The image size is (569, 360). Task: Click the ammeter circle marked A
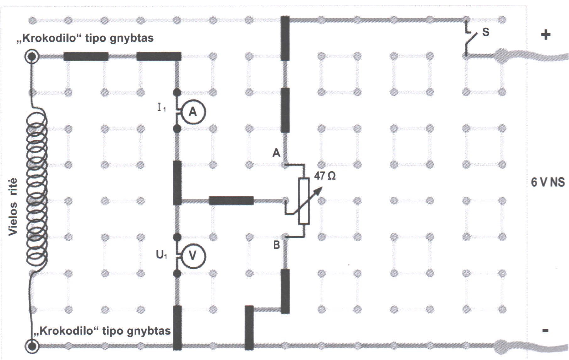click(x=192, y=112)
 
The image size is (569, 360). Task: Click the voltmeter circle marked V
click(x=192, y=256)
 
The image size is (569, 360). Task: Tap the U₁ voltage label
click(x=161, y=254)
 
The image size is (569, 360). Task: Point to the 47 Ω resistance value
click(x=325, y=176)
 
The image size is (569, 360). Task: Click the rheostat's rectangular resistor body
click(x=304, y=201)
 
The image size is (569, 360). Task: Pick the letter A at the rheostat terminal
click(x=276, y=153)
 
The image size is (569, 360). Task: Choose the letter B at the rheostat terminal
click(x=276, y=245)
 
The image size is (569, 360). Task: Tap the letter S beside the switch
click(x=485, y=32)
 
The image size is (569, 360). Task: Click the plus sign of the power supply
click(x=546, y=34)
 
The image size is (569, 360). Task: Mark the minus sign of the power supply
click(x=545, y=330)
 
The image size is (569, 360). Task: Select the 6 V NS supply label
click(x=548, y=182)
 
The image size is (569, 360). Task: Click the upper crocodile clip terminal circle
click(x=32, y=57)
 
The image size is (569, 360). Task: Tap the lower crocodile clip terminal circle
click(x=32, y=346)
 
